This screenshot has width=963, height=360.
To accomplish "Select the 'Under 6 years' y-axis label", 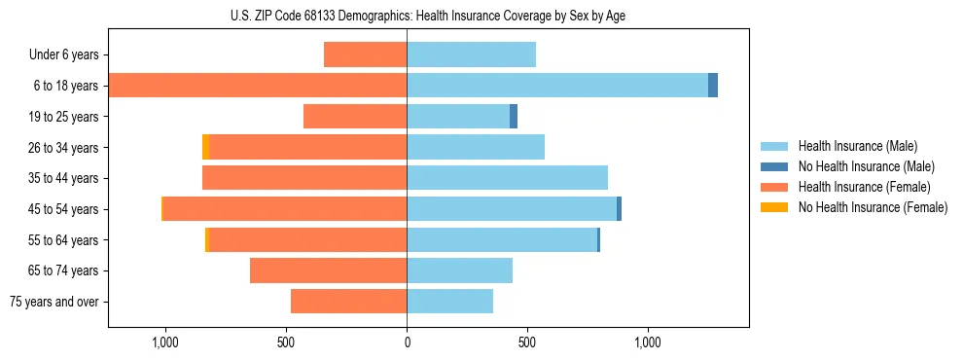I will (x=63, y=54).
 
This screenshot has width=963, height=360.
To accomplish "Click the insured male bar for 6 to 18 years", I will (x=556, y=86).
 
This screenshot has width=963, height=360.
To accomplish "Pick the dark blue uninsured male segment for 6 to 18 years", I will (x=713, y=86).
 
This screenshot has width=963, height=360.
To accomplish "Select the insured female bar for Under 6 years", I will (x=365, y=54).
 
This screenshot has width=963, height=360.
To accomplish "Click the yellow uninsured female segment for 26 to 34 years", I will (x=205, y=147).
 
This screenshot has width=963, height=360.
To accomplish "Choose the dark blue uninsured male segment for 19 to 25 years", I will (x=514, y=117).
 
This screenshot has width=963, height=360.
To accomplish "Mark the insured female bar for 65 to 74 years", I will (x=328, y=270).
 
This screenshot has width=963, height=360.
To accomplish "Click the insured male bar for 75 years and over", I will (x=449, y=302).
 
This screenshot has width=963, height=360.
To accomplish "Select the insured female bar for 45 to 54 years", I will (x=284, y=209).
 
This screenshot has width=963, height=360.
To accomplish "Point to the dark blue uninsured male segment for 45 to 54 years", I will (x=619, y=209).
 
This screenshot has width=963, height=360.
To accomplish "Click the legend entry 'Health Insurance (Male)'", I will (x=857, y=146).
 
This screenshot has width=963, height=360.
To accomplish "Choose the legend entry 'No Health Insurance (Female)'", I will (x=873, y=207).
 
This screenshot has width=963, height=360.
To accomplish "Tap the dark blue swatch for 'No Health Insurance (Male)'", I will (x=775, y=166).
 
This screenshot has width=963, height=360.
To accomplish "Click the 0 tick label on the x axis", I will (x=407, y=342).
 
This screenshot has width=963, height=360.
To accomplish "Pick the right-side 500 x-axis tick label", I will (x=526, y=342).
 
